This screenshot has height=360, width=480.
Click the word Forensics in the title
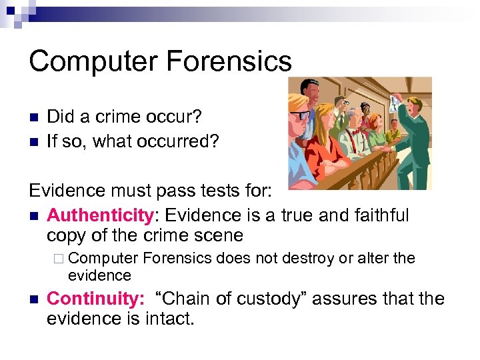(229, 61)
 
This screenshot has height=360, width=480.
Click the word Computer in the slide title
(92, 61)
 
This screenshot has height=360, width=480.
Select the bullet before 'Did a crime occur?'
(33, 117)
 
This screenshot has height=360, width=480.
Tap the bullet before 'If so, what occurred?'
(33, 142)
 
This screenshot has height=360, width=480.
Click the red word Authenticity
(100, 215)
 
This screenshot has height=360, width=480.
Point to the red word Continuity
(95, 299)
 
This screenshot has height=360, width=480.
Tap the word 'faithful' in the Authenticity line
(375, 215)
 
